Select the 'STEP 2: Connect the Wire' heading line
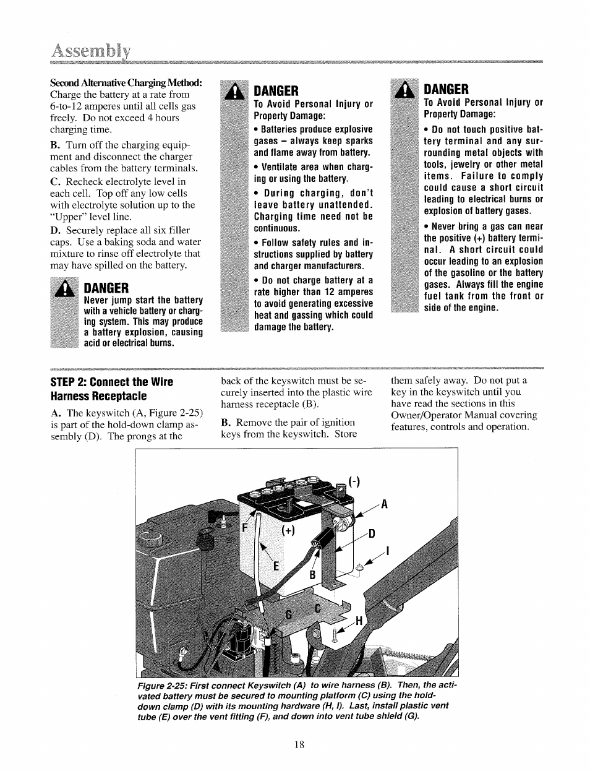[x=112, y=382]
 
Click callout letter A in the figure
[x=383, y=504]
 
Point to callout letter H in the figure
[x=358, y=621]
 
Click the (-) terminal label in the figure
[x=354, y=481]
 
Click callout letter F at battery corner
[x=245, y=528]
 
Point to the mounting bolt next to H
[x=336, y=633]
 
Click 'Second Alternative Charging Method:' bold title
[x=126, y=83]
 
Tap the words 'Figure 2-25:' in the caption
[x=160, y=686]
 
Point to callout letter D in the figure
[x=372, y=533]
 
